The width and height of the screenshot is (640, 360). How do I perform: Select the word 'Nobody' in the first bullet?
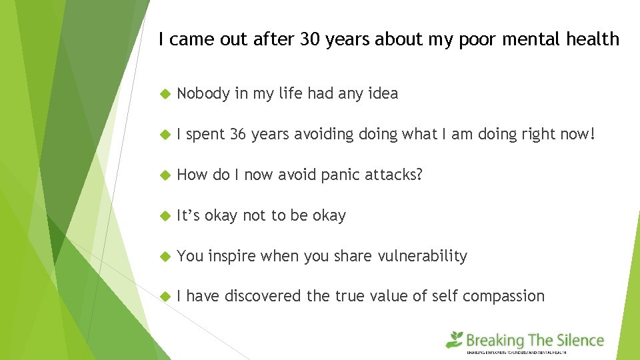(x=203, y=94)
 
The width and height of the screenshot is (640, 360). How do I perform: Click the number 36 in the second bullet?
(x=238, y=135)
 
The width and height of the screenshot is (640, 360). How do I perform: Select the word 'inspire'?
(x=231, y=256)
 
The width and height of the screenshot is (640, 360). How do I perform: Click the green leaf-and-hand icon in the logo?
(x=455, y=340)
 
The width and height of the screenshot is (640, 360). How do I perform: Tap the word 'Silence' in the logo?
(x=577, y=341)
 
